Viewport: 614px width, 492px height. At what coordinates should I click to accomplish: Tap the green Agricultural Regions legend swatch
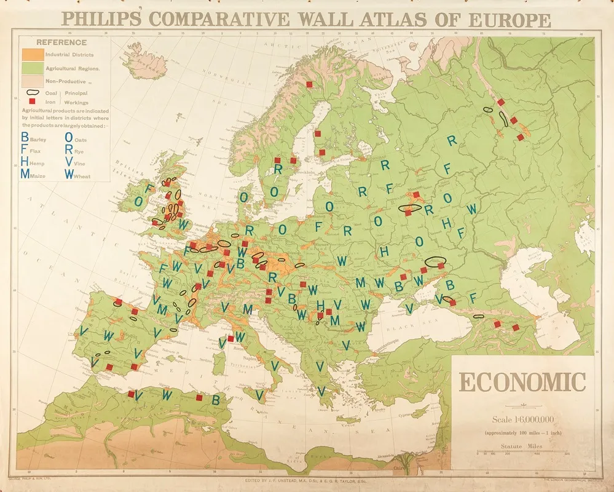tap(31, 68)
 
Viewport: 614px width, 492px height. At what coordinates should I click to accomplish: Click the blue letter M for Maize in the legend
tap(25, 174)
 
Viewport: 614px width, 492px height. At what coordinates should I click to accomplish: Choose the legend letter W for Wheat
tap(69, 174)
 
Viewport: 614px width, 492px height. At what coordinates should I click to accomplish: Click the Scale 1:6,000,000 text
tap(522, 420)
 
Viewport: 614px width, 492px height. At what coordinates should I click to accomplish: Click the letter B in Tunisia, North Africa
tap(216, 399)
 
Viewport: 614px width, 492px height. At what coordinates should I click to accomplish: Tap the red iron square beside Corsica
tap(231, 338)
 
